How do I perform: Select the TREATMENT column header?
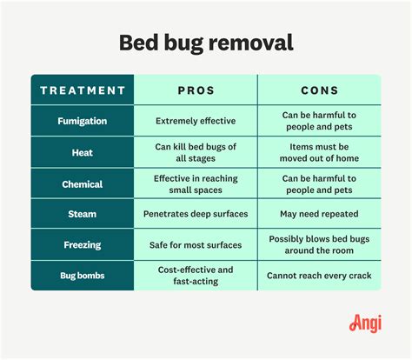pyautogui.click(x=83, y=90)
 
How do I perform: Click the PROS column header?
pyautogui.click(x=196, y=90)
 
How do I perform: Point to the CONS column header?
pyautogui.click(x=319, y=90)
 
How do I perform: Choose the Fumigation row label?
pyautogui.click(x=83, y=121)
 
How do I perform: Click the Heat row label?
pyautogui.click(x=83, y=152)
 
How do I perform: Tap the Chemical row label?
pyautogui.click(x=83, y=183)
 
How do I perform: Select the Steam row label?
pyautogui.click(x=83, y=214)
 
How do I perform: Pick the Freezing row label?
pyautogui.click(x=83, y=244)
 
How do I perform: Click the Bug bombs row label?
pyautogui.click(x=83, y=276)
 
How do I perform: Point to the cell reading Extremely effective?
pyautogui.click(x=196, y=121)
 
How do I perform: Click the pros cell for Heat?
pyautogui.click(x=196, y=152)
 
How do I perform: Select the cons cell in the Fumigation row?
pyautogui.click(x=319, y=121)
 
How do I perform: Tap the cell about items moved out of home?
pyautogui.click(x=319, y=152)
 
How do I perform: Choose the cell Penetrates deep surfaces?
pyautogui.click(x=196, y=214)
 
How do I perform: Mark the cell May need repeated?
pyautogui.click(x=319, y=214)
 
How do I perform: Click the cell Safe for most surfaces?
pyautogui.click(x=196, y=244)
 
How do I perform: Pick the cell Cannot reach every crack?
pyautogui.click(x=319, y=276)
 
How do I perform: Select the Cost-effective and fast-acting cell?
pyautogui.click(x=196, y=276)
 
